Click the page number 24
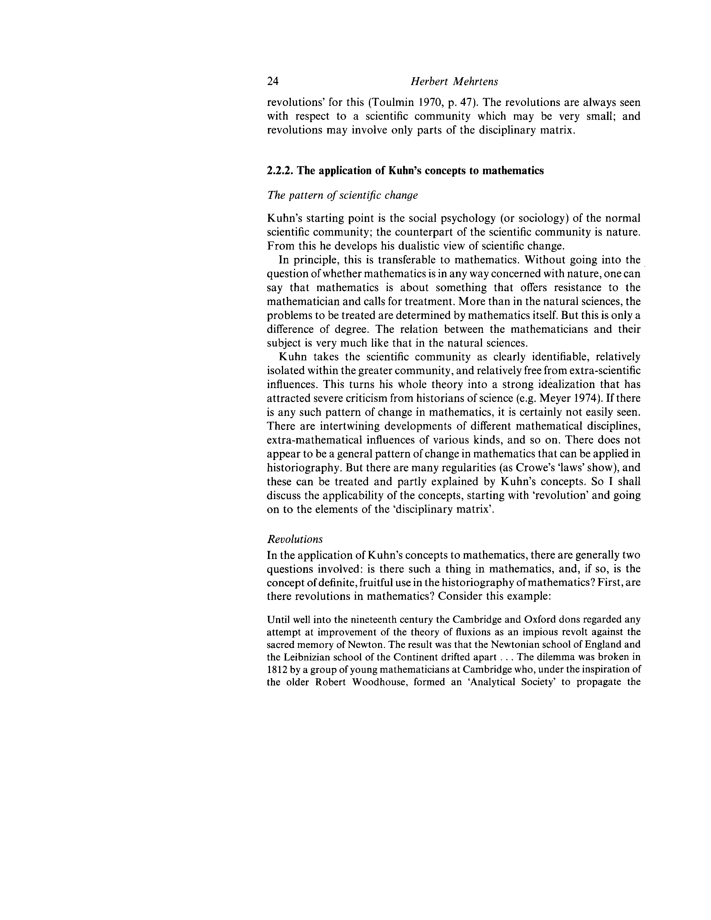tap(273, 81)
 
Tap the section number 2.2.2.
tap(281, 171)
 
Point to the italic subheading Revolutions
tap(295, 539)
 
